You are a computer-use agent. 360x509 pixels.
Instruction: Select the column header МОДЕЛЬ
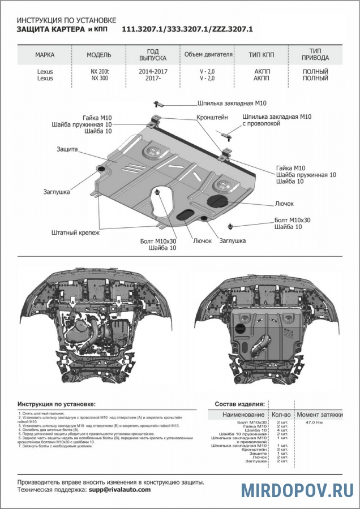(98, 55)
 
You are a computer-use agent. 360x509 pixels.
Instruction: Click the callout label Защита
(67, 149)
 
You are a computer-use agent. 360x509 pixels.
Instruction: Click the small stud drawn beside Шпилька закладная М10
(158, 103)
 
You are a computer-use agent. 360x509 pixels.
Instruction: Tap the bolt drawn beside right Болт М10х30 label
(232, 226)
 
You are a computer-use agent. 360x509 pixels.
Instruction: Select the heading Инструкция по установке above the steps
(57, 404)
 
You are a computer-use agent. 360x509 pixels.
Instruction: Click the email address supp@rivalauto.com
(119, 490)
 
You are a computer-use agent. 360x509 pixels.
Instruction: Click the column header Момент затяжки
(320, 415)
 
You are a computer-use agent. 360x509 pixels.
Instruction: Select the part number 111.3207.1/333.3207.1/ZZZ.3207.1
(187, 28)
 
